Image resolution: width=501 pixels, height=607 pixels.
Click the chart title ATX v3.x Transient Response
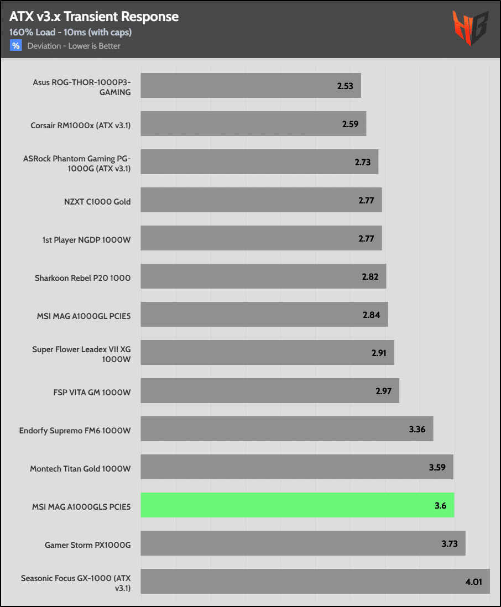tap(94, 17)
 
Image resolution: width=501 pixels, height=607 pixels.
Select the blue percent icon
tap(15, 46)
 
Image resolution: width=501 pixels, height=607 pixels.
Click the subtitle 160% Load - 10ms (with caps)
tap(70, 32)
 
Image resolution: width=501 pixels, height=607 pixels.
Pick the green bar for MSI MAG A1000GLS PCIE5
tap(297, 505)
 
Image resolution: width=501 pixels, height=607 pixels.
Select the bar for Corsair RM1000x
tap(253, 124)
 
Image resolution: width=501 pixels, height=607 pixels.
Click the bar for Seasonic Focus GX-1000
tap(315, 581)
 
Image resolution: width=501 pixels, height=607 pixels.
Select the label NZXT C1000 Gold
tap(97, 202)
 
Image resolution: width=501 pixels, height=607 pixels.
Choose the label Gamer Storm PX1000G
tap(88, 545)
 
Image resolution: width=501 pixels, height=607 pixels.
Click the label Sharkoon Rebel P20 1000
tap(82, 278)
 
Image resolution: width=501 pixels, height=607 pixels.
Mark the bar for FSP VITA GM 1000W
tap(270, 391)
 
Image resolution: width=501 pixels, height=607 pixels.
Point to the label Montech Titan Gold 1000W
tap(80, 469)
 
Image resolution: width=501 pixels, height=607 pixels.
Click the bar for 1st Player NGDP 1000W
tap(261, 238)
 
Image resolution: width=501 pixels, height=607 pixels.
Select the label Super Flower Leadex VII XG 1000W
tap(81, 354)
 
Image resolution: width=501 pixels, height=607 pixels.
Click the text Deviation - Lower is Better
tap(74, 46)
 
